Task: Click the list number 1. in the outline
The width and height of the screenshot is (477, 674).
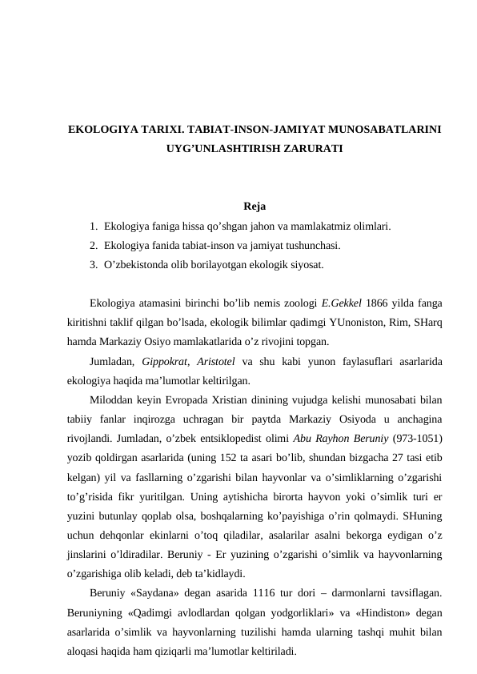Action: click(x=94, y=227)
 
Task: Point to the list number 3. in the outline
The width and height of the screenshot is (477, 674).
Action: click(x=94, y=263)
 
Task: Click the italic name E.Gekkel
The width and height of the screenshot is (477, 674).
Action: click(x=341, y=303)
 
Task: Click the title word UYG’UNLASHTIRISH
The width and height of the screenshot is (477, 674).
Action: click(x=218, y=150)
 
